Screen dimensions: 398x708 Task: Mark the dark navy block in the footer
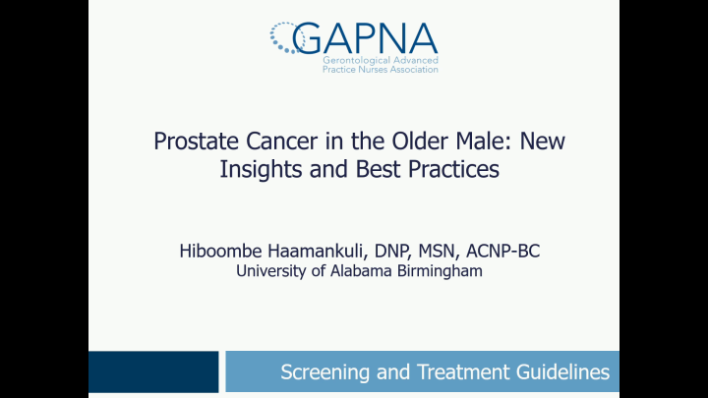tap(152, 371)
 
